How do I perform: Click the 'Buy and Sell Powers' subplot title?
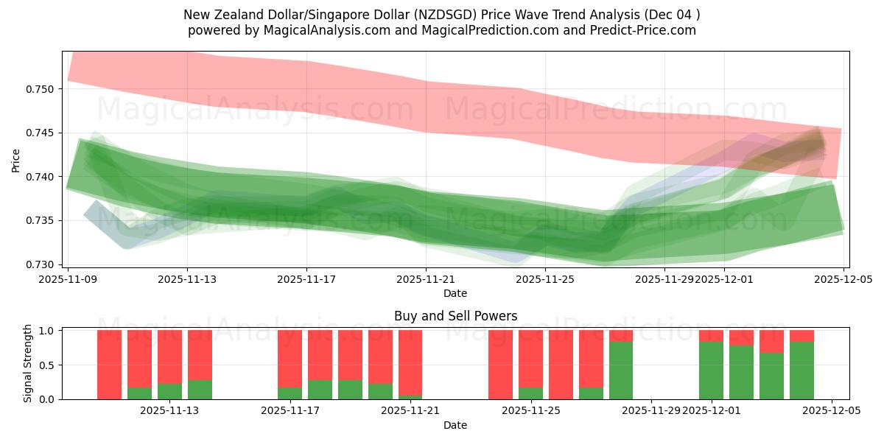(455, 316)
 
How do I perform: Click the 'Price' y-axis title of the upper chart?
(16, 159)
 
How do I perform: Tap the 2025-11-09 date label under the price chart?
(68, 280)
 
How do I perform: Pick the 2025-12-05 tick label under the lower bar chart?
(832, 412)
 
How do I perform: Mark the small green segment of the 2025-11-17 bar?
(290, 393)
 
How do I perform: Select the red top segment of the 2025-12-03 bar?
(771, 341)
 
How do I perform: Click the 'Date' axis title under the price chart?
(455, 293)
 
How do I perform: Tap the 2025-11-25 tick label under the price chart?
(544, 280)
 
